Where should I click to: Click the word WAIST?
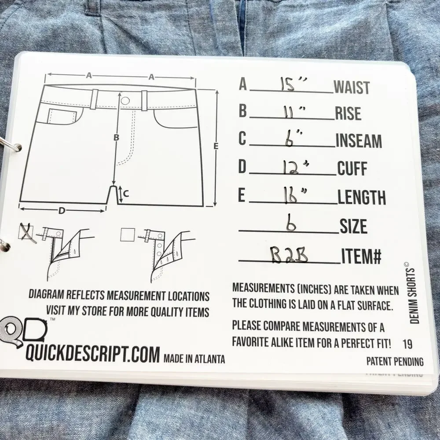click(x=352, y=87)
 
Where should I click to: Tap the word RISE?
click(x=348, y=114)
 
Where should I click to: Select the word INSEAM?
click(x=359, y=141)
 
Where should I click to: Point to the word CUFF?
click(x=352, y=169)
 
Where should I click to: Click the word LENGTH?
click(x=362, y=197)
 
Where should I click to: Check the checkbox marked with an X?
click(x=26, y=232)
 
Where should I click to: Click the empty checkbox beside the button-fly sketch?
click(x=128, y=235)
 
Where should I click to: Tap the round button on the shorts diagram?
click(x=125, y=100)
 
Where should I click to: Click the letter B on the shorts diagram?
click(x=117, y=138)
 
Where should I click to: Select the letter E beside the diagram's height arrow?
click(x=216, y=146)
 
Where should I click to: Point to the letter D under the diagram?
click(x=61, y=211)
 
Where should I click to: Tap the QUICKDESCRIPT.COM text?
click(x=92, y=355)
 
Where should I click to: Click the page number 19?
click(x=407, y=344)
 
